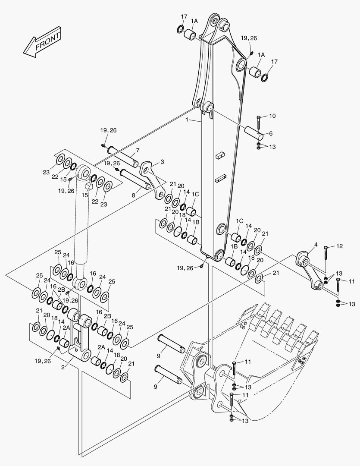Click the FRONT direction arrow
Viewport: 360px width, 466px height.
[42, 41]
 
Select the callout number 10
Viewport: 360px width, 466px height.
[272, 116]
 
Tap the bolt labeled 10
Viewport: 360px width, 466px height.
[258, 123]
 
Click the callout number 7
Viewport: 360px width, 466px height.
[137, 150]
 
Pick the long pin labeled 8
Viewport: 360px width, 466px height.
[135, 179]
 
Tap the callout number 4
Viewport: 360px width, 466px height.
[316, 245]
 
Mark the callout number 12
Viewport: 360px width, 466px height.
[340, 246]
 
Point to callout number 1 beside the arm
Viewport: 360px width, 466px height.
[187, 120]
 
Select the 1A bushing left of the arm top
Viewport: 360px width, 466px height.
[189, 34]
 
